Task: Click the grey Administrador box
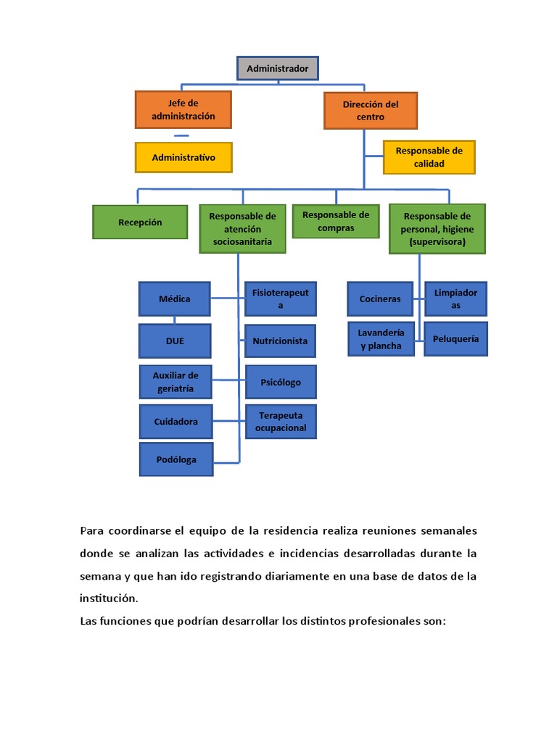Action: tap(278, 68)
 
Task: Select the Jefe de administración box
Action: tap(183, 109)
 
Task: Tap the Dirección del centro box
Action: tap(371, 110)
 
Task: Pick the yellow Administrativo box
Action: tap(183, 157)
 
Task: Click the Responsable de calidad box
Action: tap(429, 157)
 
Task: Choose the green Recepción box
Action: tap(140, 222)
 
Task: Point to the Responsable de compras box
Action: tap(336, 221)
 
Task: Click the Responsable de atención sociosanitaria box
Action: tap(242, 228)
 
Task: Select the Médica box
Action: tap(175, 299)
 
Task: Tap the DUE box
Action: tap(175, 341)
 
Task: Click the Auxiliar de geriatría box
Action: tap(175, 381)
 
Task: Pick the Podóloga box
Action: tap(176, 459)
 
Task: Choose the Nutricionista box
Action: tap(280, 341)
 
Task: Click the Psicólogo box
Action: tap(281, 382)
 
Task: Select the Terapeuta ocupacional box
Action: tap(281, 422)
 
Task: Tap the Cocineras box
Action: tap(380, 299)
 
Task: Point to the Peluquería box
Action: tap(455, 338)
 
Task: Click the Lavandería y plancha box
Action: tap(381, 339)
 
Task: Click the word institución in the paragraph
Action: tap(108, 599)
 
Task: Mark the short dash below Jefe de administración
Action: tap(181, 136)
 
